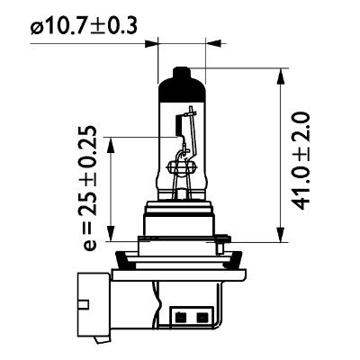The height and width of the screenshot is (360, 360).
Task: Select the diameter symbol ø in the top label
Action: [x=37, y=28]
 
